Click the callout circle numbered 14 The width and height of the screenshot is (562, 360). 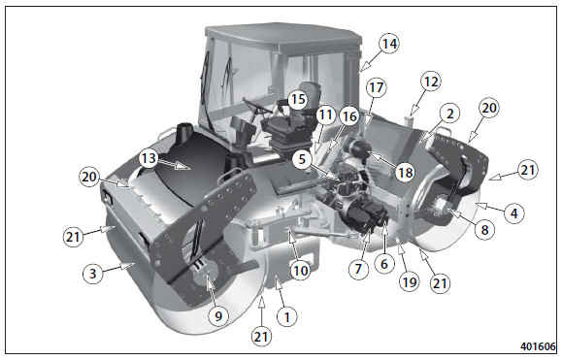tap(389, 44)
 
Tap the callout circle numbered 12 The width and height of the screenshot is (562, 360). tap(431, 82)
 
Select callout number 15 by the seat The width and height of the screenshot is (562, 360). tap(298, 99)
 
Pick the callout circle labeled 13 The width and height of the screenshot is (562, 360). tap(149, 157)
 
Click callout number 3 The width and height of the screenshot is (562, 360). tap(93, 274)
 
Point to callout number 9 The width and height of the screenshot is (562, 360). tap(218, 316)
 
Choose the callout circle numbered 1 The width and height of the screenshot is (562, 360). tap(286, 317)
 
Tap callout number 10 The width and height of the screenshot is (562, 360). tap(300, 271)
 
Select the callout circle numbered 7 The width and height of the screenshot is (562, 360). tap(359, 268)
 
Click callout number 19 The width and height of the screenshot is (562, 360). tap(410, 282)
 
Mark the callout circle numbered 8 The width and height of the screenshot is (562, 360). tap(484, 230)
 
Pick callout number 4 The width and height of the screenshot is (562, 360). tap(514, 213)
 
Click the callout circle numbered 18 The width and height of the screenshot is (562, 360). tap(406, 173)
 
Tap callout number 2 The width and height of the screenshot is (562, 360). tap(449, 114)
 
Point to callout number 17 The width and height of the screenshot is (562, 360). tap(377, 87)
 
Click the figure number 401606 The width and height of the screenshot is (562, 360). tap(538, 346)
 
